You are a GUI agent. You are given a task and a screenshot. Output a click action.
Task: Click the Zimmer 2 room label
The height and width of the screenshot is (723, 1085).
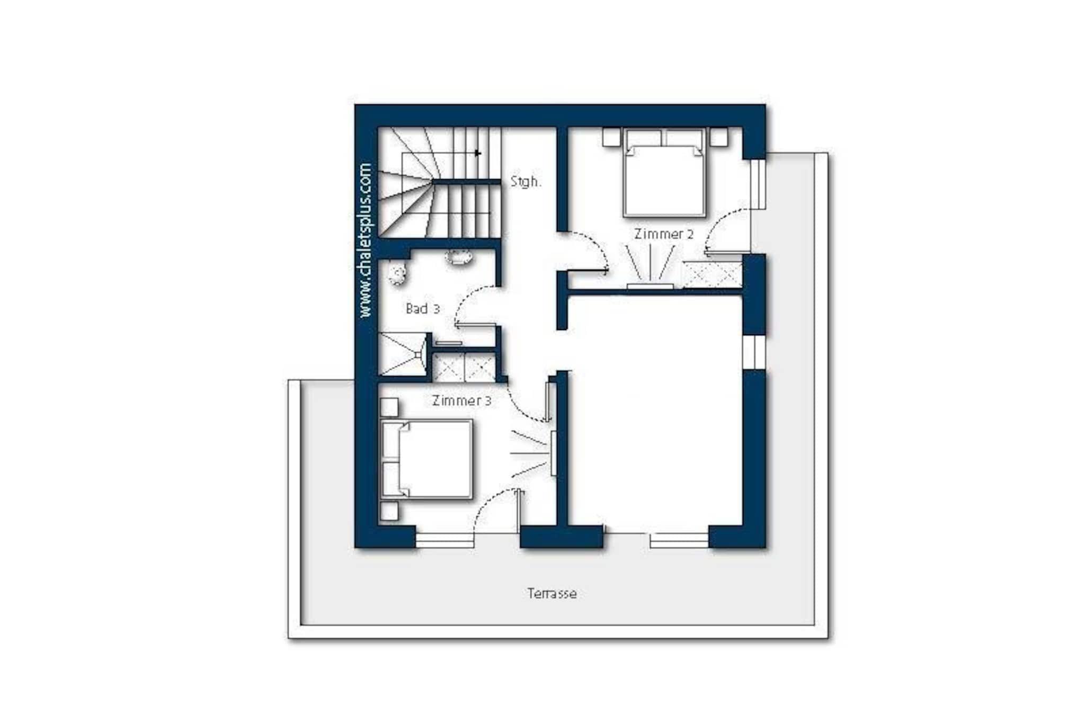664,234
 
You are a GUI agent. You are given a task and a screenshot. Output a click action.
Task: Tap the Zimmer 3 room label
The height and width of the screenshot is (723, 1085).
461,400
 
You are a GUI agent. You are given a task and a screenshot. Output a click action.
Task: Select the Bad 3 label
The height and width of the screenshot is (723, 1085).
422,309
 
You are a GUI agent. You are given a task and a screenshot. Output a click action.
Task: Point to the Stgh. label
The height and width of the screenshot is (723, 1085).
526,182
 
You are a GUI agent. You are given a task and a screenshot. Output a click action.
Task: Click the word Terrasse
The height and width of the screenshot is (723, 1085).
552,594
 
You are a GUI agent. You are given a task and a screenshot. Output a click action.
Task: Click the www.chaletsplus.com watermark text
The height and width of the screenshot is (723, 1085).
365,240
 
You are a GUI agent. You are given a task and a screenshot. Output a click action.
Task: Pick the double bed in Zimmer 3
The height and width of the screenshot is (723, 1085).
426,459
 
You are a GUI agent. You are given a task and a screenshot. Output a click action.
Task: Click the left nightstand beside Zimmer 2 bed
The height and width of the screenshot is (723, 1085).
611,137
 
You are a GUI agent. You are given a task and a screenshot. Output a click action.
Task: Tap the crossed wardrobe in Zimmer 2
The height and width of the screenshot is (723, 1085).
712,275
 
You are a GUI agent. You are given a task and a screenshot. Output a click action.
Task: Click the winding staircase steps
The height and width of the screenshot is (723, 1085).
440,182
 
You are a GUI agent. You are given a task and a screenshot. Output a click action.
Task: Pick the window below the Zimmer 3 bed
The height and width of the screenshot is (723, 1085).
444,540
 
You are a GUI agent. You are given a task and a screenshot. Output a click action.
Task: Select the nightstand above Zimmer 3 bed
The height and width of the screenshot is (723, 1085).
389,407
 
